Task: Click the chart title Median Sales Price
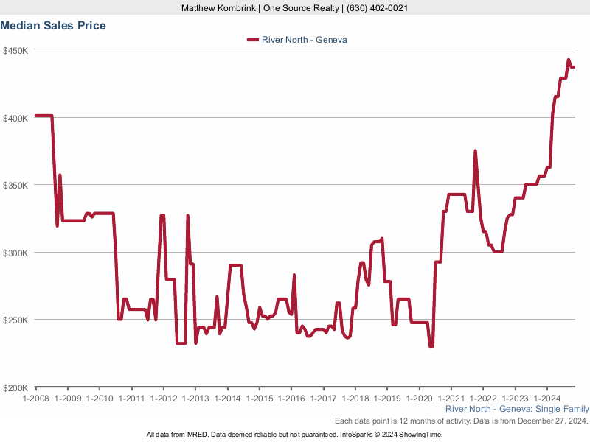pyautogui.click(x=53, y=26)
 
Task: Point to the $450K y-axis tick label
pyautogui.click(x=15, y=51)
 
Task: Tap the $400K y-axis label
pyautogui.click(x=15, y=118)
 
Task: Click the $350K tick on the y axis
pyautogui.click(x=15, y=186)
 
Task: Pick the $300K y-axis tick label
pyautogui.click(x=15, y=253)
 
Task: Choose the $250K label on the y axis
pyautogui.click(x=15, y=320)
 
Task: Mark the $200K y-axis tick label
pyautogui.click(x=15, y=387)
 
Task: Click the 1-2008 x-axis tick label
pyautogui.click(x=35, y=399)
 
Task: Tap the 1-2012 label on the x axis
pyautogui.click(x=163, y=399)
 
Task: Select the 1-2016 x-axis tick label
pyautogui.click(x=291, y=399)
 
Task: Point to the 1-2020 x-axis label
pyautogui.click(x=418, y=399)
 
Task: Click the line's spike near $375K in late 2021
pyautogui.click(x=476, y=151)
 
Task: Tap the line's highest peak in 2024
pyautogui.click(x=568, y=60)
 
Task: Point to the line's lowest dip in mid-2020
pyautogui.click(x=431, y=345)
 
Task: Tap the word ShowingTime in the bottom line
pyautogui.click(x=420, y=435)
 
